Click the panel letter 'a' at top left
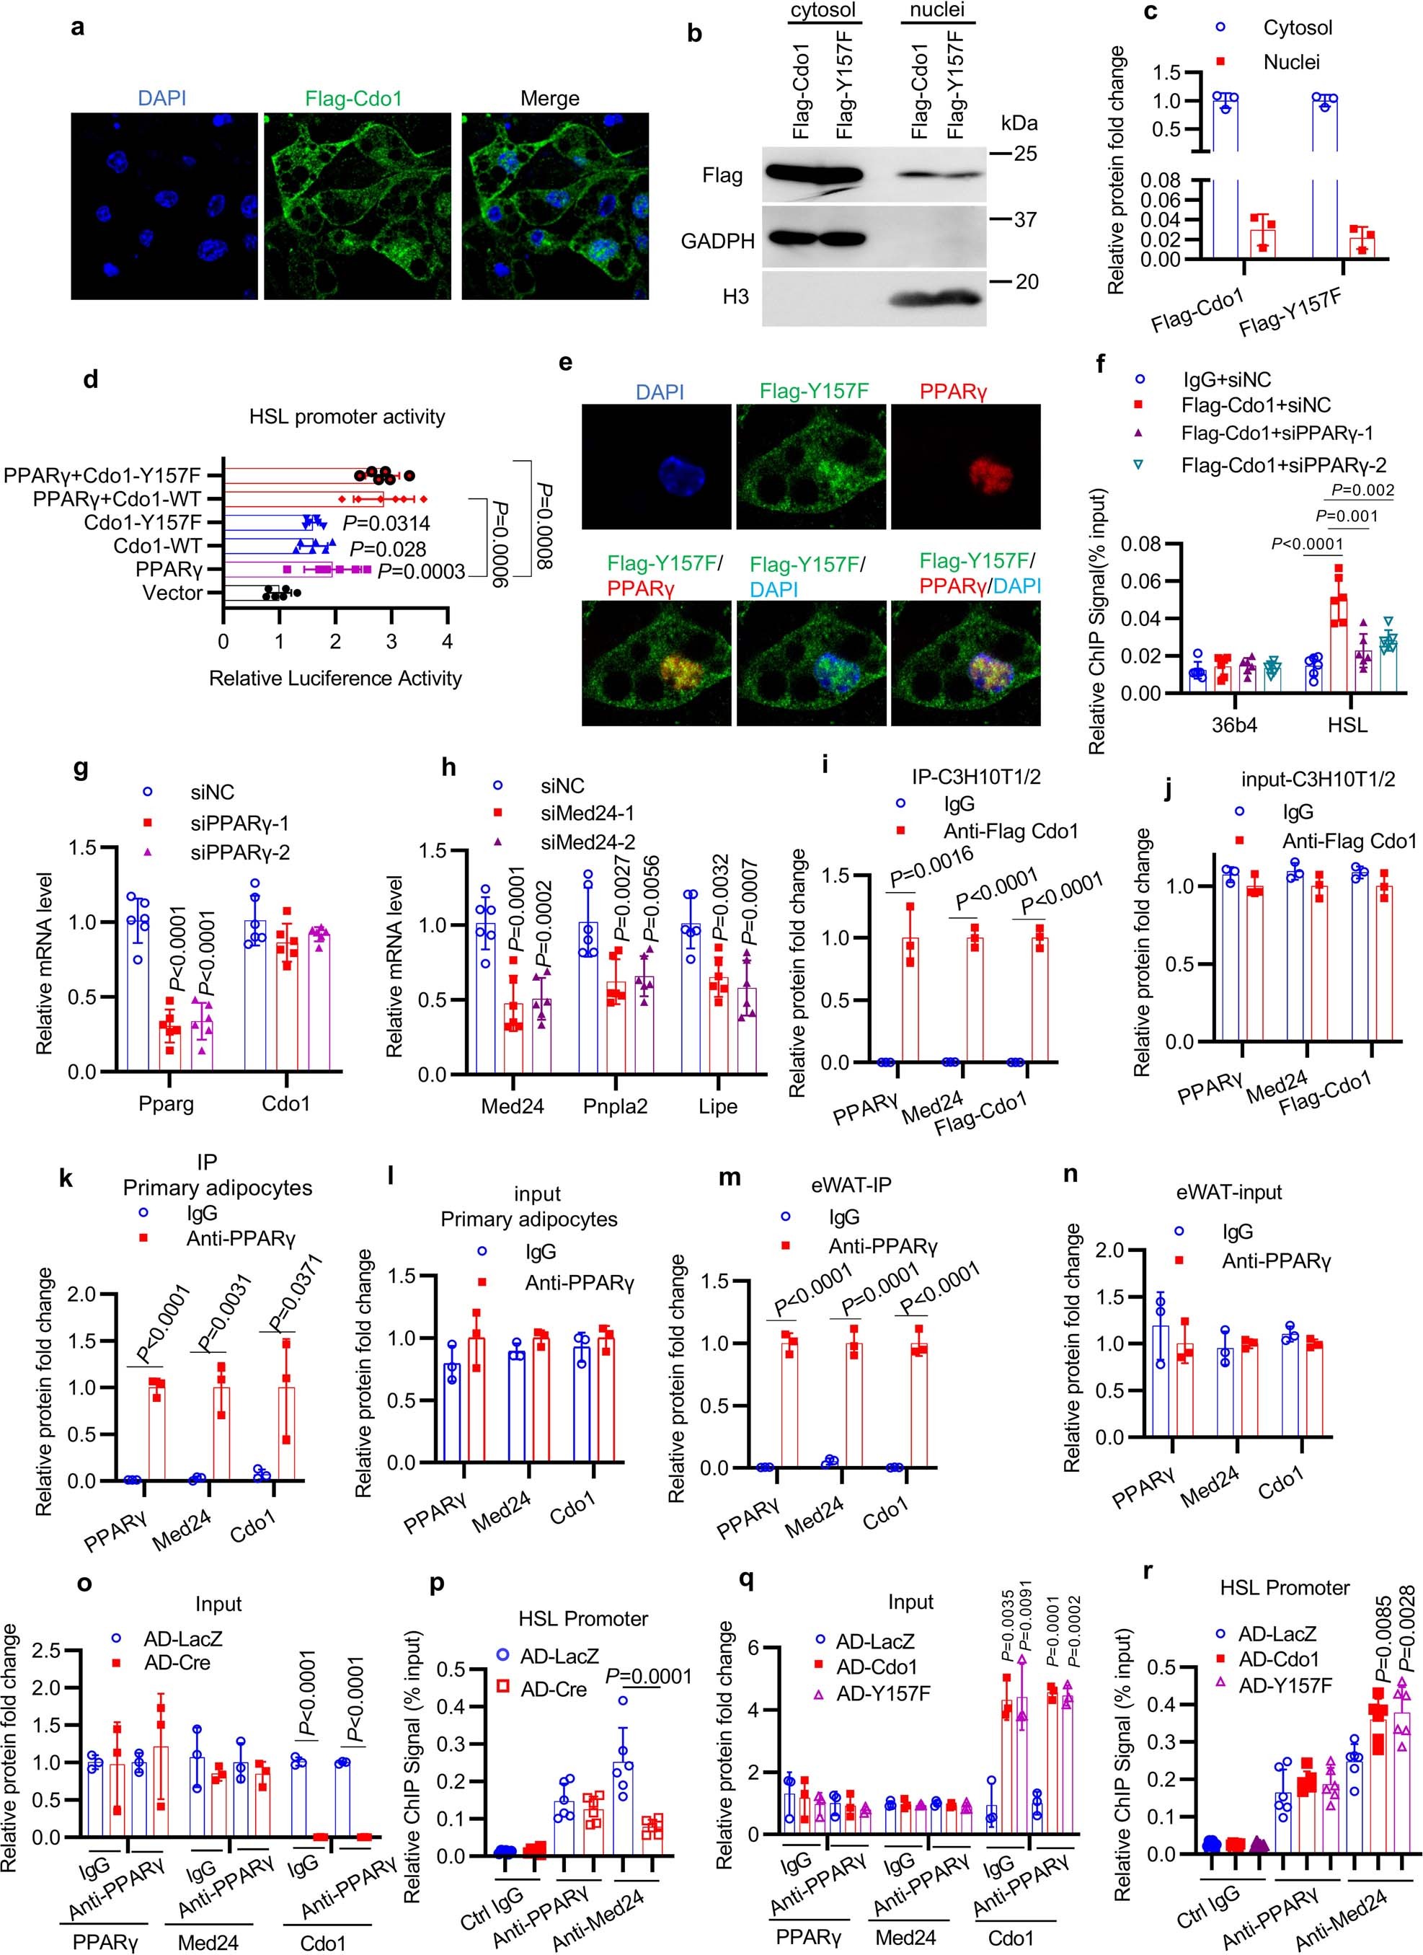[x=79, y=27]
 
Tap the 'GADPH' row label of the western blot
[x=718, y=242]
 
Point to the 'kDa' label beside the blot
[x=1019, y=123]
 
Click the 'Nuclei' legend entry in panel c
[x=1291, y=62]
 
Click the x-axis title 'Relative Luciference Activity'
[x=335, y=679]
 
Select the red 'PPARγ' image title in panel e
[x=953, y=392]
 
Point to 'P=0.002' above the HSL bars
[x=1362, y=490]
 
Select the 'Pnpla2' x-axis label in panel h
[x=614, y=1107]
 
